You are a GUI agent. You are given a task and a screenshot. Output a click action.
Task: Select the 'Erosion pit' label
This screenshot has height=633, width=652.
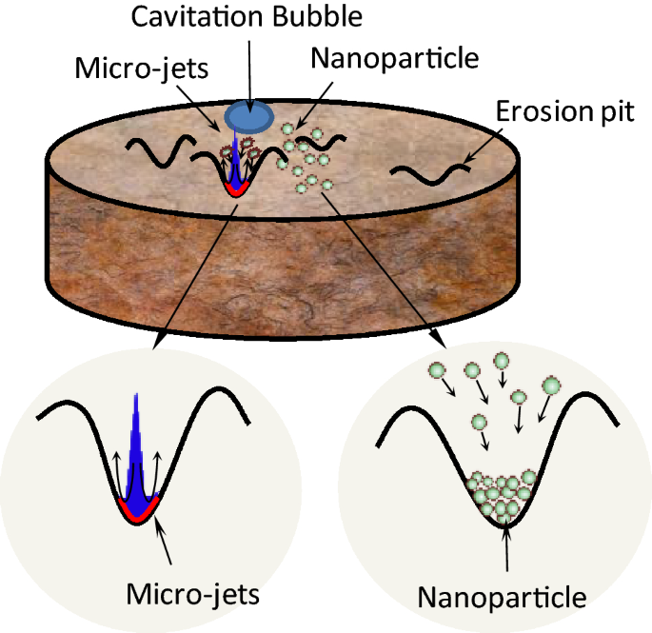pos(565,112)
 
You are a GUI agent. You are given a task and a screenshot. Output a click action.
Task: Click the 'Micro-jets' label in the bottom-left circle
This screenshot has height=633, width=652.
pos(193,596)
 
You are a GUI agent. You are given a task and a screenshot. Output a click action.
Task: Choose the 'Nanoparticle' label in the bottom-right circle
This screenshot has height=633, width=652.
pos(502,599)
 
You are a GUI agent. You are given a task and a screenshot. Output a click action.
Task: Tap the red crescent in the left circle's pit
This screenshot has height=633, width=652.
pos(139,515)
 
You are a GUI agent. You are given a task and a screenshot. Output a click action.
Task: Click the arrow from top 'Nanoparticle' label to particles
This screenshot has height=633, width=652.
pos(314,103)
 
